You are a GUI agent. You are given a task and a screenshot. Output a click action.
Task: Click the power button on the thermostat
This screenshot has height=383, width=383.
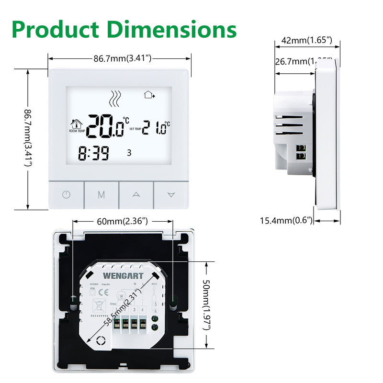(x=66, y=195)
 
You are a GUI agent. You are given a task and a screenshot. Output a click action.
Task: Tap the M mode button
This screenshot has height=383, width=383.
(x=101, y=195)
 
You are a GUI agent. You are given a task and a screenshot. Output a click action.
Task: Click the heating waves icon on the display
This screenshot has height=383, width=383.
(x=114, y=99)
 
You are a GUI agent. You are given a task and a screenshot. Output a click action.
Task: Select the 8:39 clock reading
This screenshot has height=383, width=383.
(x=94, y=153)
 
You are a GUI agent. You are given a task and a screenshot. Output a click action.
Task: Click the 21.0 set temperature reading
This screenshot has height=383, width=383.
(x=157, y=128)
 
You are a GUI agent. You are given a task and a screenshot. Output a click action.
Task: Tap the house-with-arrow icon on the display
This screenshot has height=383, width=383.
(x=150, y=95)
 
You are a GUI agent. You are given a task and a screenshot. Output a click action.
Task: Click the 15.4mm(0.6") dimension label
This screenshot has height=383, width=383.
(x=286, y=221)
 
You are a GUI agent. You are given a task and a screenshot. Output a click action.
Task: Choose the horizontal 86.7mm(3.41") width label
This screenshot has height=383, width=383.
(x=123, y=58)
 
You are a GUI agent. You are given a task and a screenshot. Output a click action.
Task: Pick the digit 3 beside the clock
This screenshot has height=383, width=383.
(x=128, y=153)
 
